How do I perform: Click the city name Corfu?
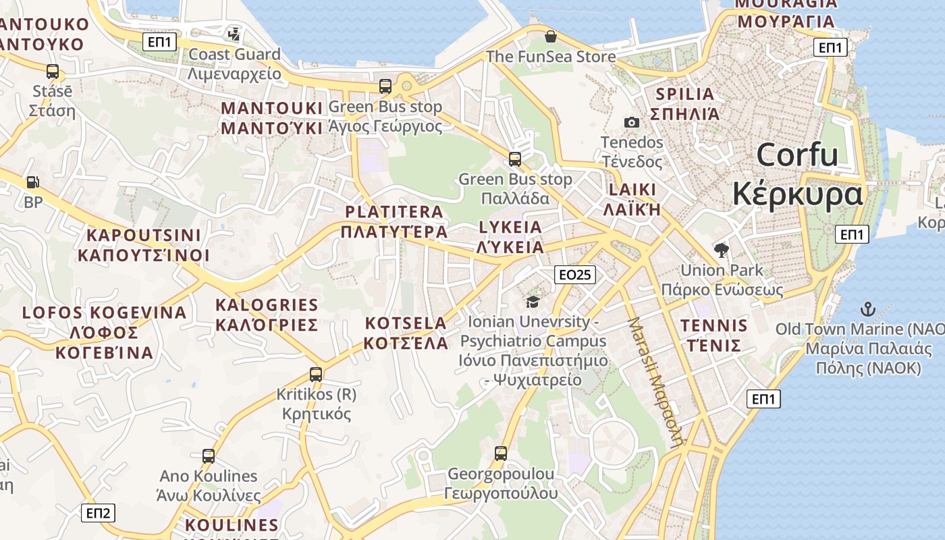point(797,155)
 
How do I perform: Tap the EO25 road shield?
point(575,275)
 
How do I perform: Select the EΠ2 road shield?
point(98,513)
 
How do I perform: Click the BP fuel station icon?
point(32,182)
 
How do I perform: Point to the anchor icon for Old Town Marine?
point(867,310)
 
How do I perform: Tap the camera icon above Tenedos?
point(632,122)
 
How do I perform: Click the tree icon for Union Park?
point(721,250)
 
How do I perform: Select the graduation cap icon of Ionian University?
point(533,302)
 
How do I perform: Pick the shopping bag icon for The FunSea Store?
point(551,36)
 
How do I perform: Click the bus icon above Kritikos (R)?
point(315,374)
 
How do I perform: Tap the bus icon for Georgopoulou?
point(500,454)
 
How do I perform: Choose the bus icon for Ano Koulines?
point(208,456)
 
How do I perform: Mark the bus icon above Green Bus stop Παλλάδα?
point(515,159)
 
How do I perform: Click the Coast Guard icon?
point(234,34)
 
